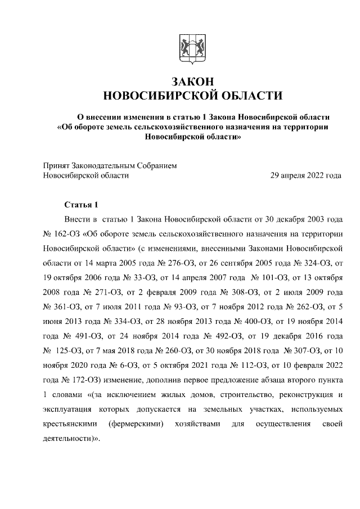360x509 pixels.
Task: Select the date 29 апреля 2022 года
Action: pos(306,175)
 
